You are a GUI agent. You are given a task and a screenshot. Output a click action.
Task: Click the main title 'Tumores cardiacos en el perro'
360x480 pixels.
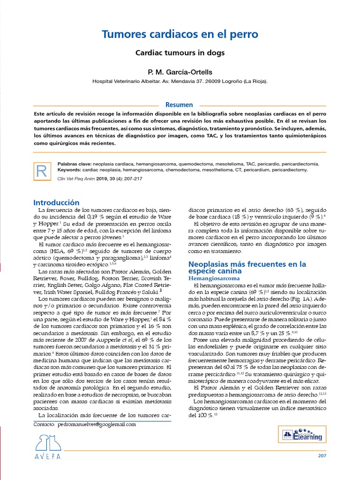180,35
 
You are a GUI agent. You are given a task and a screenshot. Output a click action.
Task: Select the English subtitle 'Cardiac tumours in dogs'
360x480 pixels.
180,53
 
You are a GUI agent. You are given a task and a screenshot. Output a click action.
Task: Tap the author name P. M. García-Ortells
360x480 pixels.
180,72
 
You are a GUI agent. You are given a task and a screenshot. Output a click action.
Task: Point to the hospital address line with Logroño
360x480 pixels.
180,81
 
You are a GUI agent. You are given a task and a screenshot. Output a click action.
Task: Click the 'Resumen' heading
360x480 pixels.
180,105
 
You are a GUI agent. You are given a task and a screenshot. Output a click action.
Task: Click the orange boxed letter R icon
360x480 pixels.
41,172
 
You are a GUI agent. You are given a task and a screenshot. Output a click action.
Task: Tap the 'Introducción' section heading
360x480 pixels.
56,202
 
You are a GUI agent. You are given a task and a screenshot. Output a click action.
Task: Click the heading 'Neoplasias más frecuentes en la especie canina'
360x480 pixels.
247,268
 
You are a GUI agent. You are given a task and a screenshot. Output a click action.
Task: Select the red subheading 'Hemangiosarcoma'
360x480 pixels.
213,278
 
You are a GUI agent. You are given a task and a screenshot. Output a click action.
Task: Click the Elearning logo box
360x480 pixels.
302,435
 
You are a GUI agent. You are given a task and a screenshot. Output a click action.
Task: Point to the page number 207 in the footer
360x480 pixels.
322,456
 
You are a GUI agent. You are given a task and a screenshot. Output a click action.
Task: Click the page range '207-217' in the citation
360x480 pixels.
133,179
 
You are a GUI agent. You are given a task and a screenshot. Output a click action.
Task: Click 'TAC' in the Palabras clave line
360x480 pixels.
251,164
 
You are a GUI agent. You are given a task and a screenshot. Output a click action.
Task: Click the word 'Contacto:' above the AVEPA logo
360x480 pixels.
45,424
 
